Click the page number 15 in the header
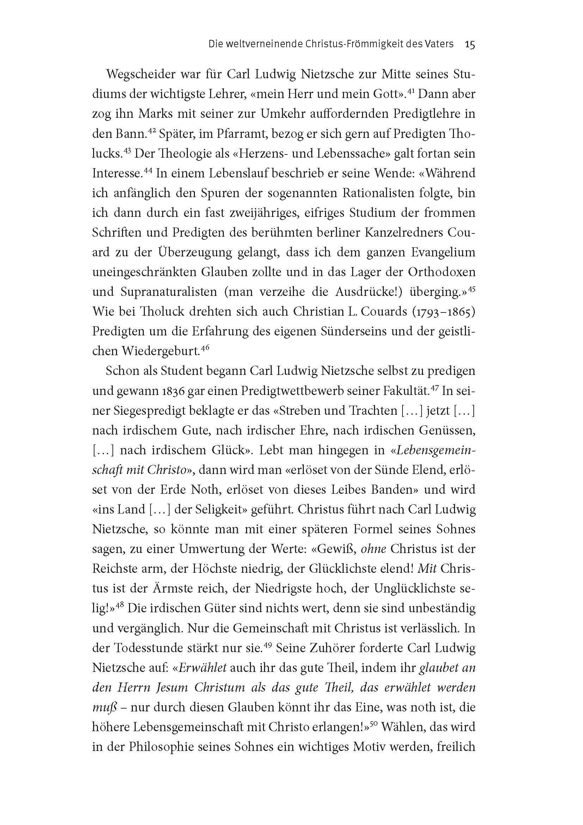coord(470,44)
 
